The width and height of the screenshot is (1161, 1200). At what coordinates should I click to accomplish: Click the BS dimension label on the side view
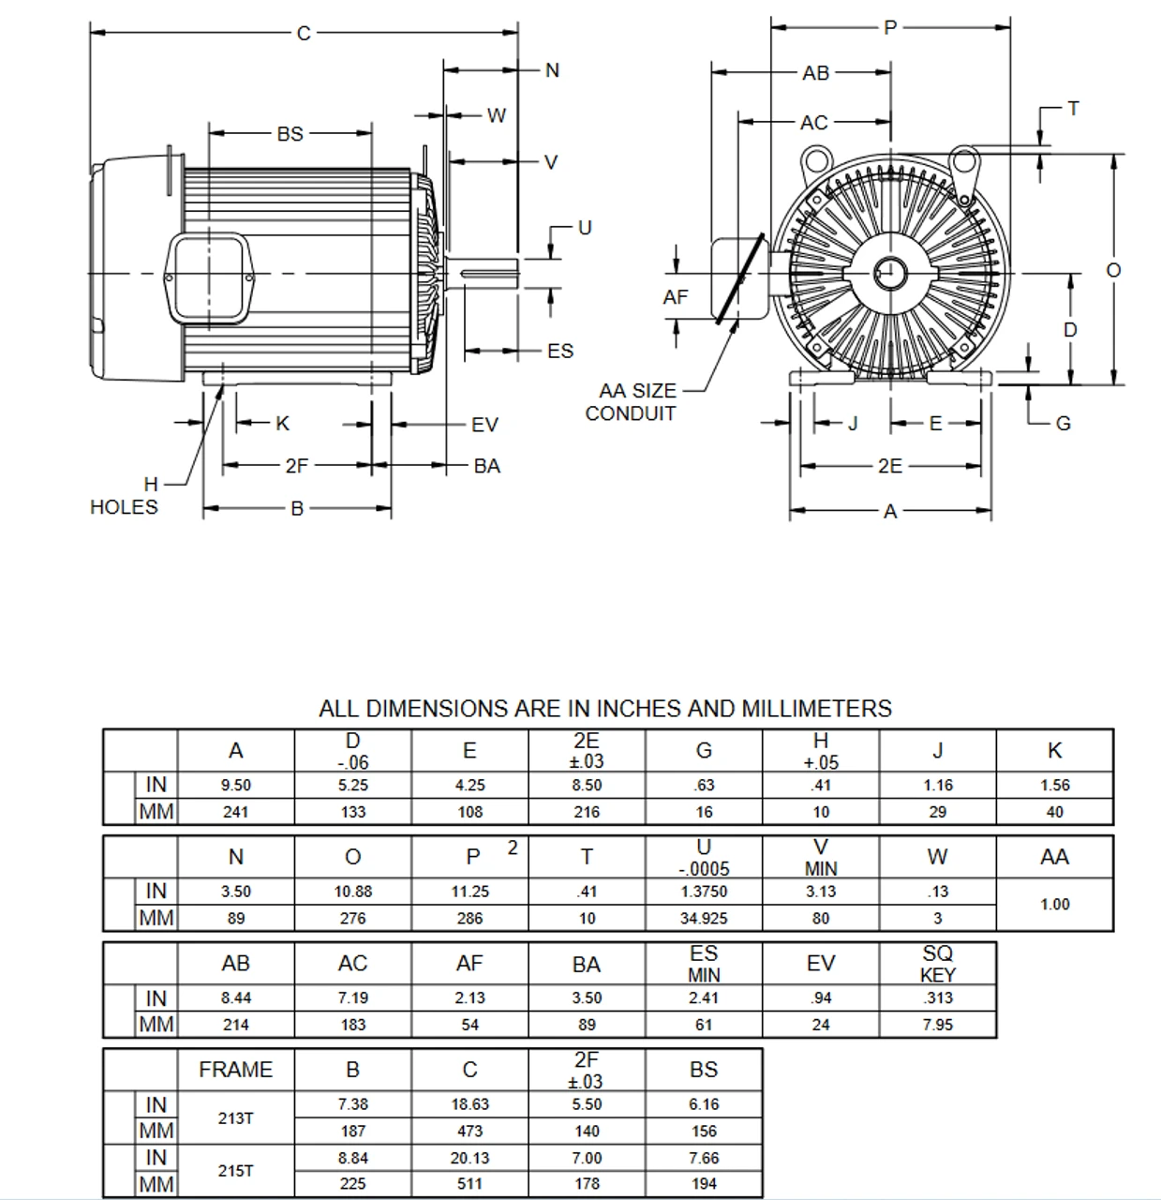coord(290,134)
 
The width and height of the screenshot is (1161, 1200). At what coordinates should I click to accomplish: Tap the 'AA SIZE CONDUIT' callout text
coord(636,402)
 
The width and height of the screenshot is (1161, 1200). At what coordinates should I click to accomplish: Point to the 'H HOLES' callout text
coord(124,496)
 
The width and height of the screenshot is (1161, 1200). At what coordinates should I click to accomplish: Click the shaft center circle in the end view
coord(890,274)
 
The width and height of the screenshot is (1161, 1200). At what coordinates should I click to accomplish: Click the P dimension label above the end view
coord(890,27)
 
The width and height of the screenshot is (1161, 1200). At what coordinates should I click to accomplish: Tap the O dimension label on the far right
coord(1113,270)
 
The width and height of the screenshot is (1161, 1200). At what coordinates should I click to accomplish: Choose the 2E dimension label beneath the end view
coord(890,466)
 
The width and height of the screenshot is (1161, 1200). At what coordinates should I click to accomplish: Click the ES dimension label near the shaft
coord(560,351)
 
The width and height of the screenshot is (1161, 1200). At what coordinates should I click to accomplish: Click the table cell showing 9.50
coord(236,786)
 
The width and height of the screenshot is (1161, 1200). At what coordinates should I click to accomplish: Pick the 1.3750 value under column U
coord(704,892)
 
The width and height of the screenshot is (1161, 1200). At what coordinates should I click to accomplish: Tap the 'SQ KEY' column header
coord(937,963)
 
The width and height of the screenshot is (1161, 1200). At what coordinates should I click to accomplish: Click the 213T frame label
coord(236,1117)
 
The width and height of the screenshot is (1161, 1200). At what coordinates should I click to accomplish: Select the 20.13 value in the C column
coord(469,1158)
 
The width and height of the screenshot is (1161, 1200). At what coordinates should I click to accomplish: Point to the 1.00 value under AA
coord(1054,905)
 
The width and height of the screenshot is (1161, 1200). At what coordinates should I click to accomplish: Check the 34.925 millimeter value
coord(704,919)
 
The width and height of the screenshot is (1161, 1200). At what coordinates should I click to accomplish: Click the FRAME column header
coord(236,1070)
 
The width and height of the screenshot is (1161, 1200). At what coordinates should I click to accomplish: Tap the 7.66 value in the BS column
coord(704,1158)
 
